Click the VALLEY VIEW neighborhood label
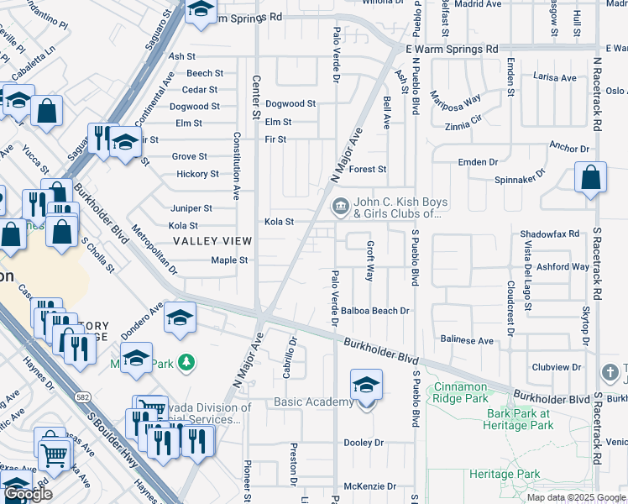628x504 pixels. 212,241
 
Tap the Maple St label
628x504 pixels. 229,260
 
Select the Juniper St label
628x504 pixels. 191,208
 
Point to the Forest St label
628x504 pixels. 368,170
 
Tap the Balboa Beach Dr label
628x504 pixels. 374,311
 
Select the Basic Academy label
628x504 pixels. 314,402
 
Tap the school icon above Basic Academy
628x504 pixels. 366,385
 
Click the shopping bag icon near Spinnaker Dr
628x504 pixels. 591,177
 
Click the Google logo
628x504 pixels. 28,494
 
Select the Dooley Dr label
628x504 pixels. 363,443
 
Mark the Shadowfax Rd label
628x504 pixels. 550,234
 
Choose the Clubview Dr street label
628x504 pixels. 556,367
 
